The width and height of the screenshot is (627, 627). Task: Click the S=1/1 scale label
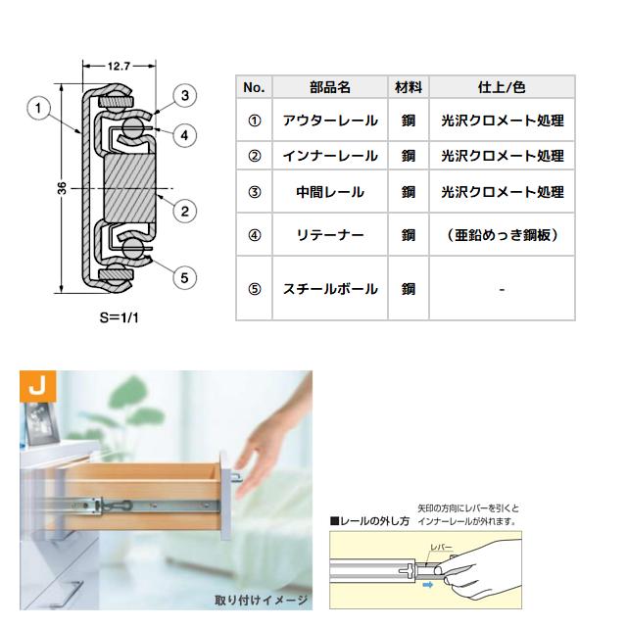tap(119, 319)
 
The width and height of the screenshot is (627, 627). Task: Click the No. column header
tap(254, 87)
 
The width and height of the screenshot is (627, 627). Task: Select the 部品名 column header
tap(328, 87)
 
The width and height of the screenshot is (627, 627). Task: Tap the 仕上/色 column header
tap(502, 87)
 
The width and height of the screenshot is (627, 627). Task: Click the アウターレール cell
tap(328, 121)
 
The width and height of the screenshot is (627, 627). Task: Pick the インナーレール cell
tap(328, 156)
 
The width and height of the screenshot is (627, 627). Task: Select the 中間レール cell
tap(328, 192)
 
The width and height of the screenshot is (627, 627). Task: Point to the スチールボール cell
tap(328, 289)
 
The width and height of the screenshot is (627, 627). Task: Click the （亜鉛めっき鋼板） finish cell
tap(502, 235)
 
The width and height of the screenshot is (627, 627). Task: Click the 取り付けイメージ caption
tap(262, 599)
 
